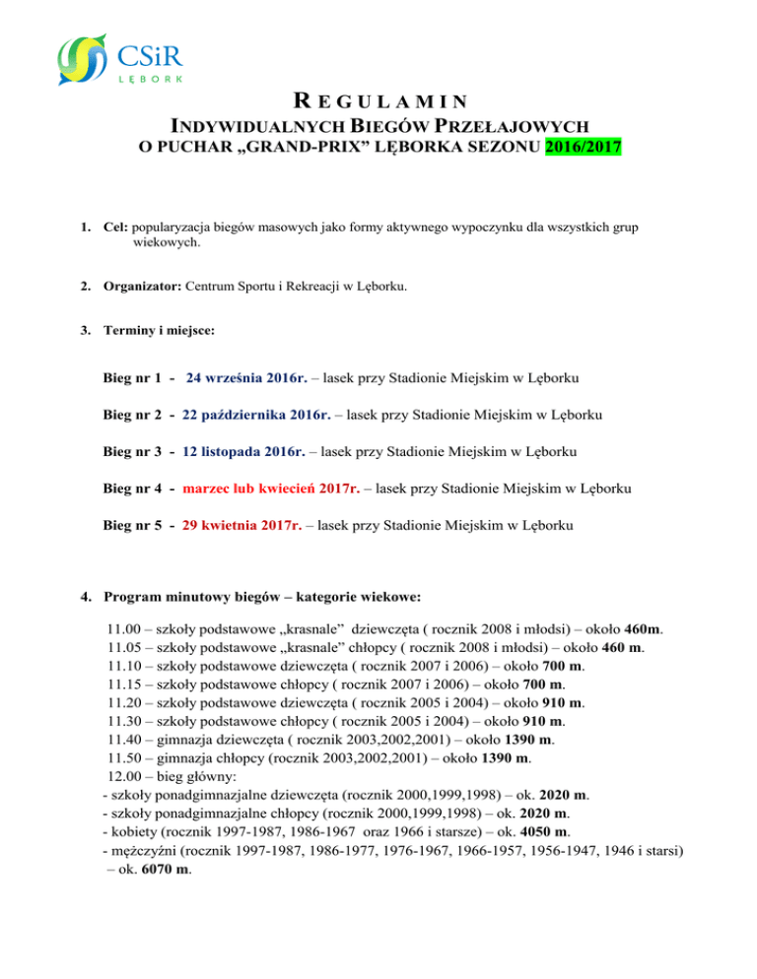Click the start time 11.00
[122, 627]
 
